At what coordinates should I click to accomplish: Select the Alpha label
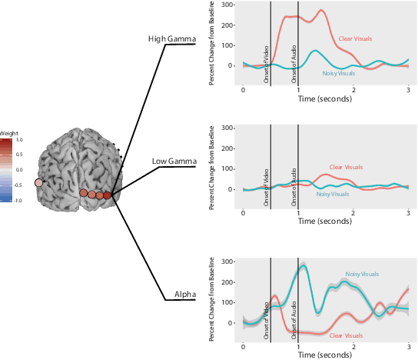[x=183, y=295]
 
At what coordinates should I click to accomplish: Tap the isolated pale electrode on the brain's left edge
[x=39, y=182]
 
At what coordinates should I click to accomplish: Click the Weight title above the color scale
[x=8, y=134]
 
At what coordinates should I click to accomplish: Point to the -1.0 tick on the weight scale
[x=18, y=200]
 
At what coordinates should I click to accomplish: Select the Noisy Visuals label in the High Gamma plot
[x=339, y=73]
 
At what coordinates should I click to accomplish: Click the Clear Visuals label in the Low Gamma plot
[x=347, y=167]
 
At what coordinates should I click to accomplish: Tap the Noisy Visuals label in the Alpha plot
[x=363, y=274]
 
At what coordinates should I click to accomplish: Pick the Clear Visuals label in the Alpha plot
[x=346, y=335]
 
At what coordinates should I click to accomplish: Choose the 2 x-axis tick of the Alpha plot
[x=353, y=346]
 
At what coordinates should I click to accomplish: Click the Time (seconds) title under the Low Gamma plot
[x=326, y=220]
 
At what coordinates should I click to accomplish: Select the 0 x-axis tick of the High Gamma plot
[x=244, y=90]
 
